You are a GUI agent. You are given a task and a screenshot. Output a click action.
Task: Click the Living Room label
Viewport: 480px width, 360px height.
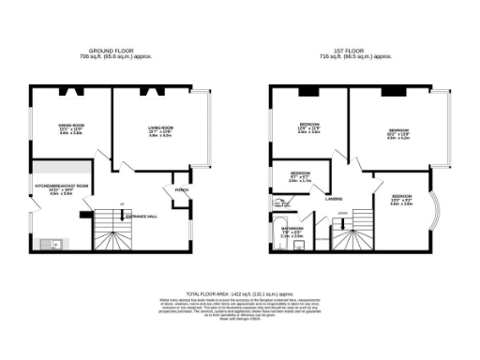(x=160, y=127)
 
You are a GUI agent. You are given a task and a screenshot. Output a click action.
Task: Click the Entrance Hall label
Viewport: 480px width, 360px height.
(x=140, y=215)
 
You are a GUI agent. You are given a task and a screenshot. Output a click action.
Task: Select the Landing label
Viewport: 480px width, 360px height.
(x=333, y=199)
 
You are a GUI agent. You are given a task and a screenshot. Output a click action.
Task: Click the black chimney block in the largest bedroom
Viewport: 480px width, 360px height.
(x=391, y=92)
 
